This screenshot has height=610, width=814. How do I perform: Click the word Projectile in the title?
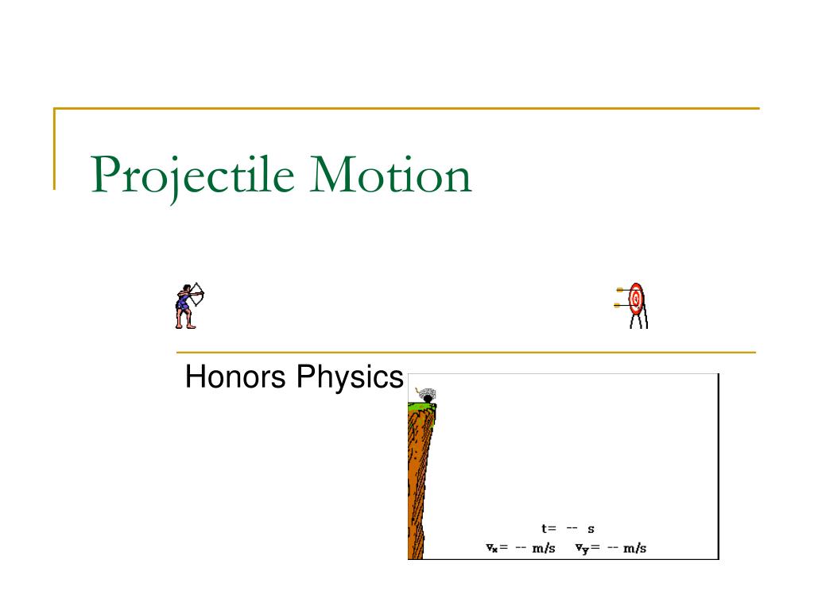click(x=192, y=176)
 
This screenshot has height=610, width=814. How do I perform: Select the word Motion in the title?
click(x=390, y=176)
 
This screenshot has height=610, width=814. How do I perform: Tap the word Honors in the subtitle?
click(x=235, y=376)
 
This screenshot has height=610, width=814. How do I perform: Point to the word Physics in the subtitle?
click(x=350, y=377)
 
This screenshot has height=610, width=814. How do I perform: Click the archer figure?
click(x=189, y=306)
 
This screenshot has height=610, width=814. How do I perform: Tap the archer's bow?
click(x=199, y=294)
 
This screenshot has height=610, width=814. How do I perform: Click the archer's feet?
click(x=186, y=326)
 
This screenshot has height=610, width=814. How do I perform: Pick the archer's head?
click(x=185, y=288)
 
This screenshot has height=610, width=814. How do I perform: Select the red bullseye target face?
click(x=636, y=299)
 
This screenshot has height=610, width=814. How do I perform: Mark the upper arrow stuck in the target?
click(x=623, y=290)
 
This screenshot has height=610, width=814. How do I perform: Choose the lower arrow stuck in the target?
click(x=622, y=306)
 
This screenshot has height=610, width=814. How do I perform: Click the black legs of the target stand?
click(x=639, y=319)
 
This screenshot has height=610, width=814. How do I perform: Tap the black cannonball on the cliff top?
click(x=428, y=399)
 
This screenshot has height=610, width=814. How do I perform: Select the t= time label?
click(x=548, y=528)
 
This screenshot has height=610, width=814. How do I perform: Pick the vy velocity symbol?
click(x=582, y=549)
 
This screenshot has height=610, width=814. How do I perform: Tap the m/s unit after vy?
click(x=635, y=548)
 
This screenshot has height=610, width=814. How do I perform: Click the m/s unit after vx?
click(x=544, y=548)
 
